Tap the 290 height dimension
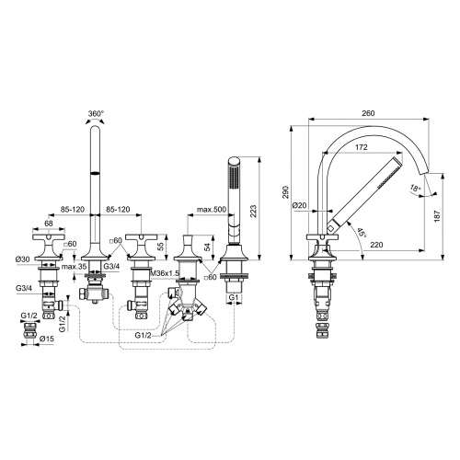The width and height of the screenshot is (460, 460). [x=286, y=191]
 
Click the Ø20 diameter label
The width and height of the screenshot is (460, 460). [x=300, y=205]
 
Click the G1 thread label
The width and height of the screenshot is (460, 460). [x=234, y=299]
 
